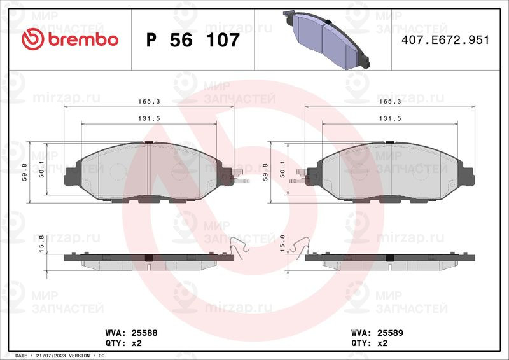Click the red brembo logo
click(70, 39)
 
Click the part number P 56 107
click(193, 40)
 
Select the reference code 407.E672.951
click(445, 40)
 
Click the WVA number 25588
click(144, 333)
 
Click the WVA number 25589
click(390, 333)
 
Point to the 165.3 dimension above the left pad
click(149, 101)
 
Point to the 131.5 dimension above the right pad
click(390, 118)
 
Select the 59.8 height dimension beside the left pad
click(25, 172)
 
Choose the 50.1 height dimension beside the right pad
click(282, 169)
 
